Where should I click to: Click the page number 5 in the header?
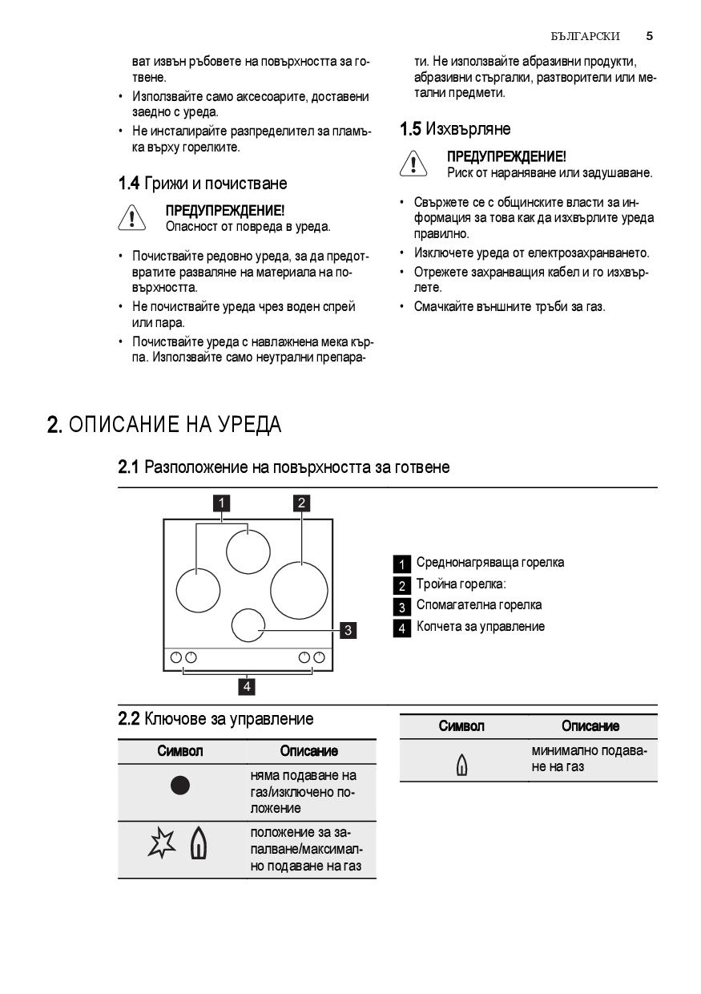click(649, 36)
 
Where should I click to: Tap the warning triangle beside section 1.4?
click(131, 219)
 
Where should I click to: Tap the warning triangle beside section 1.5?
click(413, 164)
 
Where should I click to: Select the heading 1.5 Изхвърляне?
click(455, 129)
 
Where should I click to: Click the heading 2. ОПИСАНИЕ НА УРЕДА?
click(164, 424)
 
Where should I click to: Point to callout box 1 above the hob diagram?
click(221, 503)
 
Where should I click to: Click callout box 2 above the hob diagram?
click(301, 503)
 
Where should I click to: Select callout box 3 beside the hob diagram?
click(348, 630)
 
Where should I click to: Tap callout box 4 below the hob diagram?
click(248, 686)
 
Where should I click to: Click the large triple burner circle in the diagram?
click(299, 590)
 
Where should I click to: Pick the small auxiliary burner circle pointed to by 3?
click(248, 624)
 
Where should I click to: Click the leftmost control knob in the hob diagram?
click(175, 657)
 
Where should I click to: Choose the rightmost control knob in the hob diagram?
click(320, 657)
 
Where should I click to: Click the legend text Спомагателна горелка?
click(478, 605)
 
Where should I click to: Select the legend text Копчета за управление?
click(480, 627)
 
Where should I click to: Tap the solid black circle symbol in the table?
click(181, 786)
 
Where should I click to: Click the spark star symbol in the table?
click(162, 845)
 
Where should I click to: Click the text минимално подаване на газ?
click(589, 759)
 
